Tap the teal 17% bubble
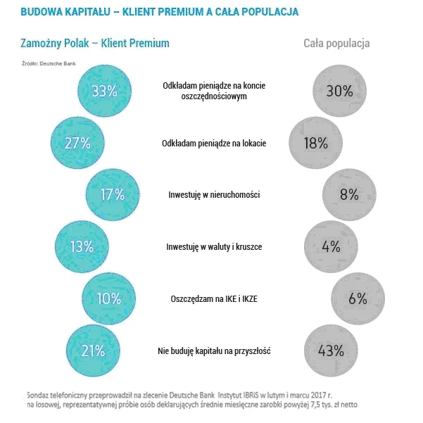pos(111,195)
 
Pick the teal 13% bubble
pos(81,247)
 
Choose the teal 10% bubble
pos(108,298)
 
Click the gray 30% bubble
pos(339,91)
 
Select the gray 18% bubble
pos(315,143)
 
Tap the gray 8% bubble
pos(348,195)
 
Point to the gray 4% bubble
pos(330,247)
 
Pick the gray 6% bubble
pos(356,298)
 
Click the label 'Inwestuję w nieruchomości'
pos(214,195)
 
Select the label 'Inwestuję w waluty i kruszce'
pos(213,247)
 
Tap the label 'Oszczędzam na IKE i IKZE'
pos(214,298)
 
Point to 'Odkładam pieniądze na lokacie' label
pos(214,144)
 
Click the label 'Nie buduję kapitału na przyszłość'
pos(213,351)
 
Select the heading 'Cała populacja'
pos(336,44)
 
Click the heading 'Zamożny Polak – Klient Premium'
pos(95,44)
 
